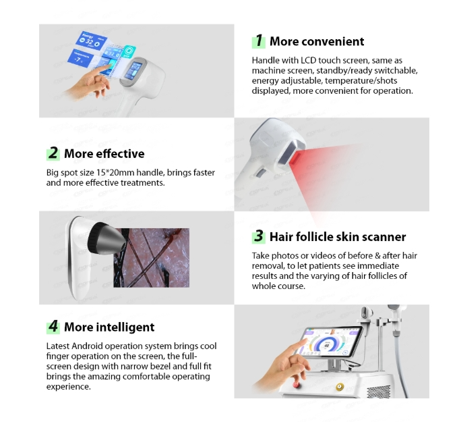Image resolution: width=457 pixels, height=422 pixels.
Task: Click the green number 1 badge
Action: pos(259,41)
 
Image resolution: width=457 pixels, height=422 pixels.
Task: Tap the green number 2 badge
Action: pos(53,153)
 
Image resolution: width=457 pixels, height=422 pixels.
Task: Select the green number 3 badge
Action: pos(259,236)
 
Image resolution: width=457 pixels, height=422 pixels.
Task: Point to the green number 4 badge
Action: pos(53,327)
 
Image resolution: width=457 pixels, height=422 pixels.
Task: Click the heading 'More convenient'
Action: pos(317,41)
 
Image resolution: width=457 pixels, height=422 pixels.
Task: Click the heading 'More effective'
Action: pos(104,154)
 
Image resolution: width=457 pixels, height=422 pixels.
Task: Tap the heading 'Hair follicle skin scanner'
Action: pos(338,236)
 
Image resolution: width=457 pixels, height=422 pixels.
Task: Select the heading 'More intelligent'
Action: pos(109,327)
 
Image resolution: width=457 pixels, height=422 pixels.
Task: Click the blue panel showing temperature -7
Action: pos(80,58)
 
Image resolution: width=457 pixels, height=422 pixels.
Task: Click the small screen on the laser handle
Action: pos(133,70)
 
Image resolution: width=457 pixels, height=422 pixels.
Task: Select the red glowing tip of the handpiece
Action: pos(297,158)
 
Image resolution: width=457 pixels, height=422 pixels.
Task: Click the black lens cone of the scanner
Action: pos(106,238)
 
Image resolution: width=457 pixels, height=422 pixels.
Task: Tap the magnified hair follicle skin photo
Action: pos(152,257)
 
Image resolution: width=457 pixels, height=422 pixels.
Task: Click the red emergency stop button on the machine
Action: pos(297,385)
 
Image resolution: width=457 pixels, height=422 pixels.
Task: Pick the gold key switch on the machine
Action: pos(340,387)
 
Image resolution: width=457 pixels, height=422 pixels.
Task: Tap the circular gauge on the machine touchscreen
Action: pos(328,344)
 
